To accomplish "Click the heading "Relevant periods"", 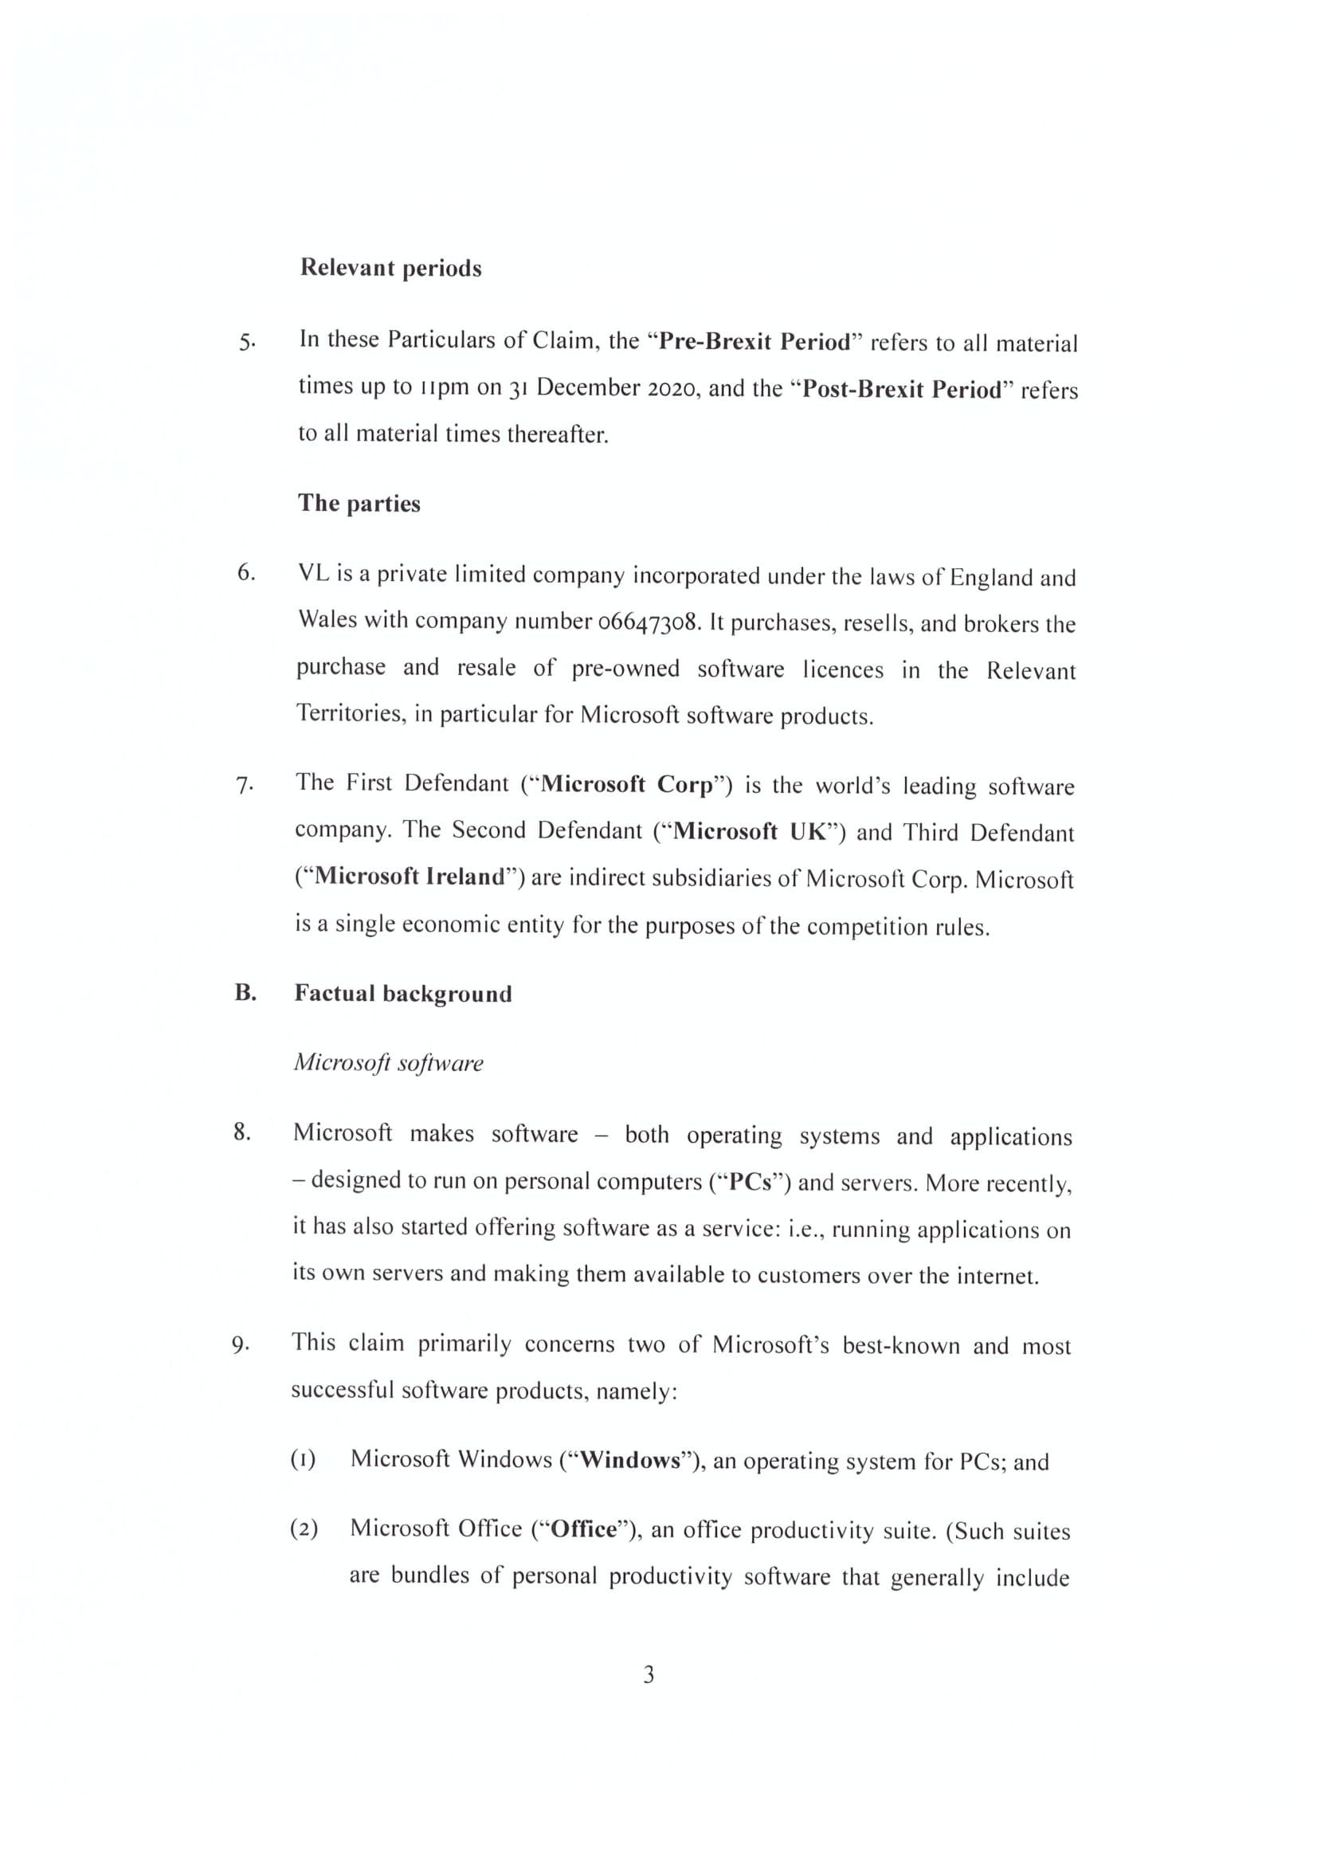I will click(390, 268).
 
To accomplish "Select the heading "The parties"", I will click(359, 504).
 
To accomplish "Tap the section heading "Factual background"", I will click(402, 994).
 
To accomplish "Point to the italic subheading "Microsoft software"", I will click(388, 1063).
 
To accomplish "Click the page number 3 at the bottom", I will click(649, 1674).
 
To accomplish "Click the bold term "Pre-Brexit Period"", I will click(754, 341).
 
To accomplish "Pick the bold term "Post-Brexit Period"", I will click(902, 390).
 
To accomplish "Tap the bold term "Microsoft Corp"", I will click(626, 784).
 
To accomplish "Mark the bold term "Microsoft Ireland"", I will click(410, 877).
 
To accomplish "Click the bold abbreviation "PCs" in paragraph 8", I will click(750, 1182).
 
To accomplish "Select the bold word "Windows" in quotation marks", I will click(630, 1461).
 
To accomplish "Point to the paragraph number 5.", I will click(247, 341).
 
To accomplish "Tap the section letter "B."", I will click(246, 992).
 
